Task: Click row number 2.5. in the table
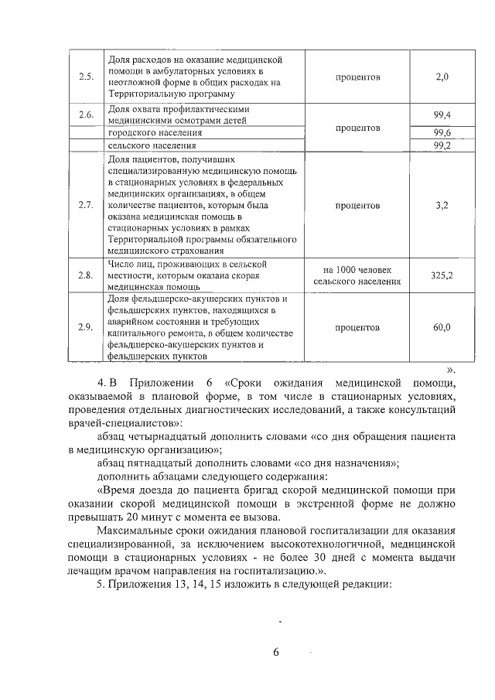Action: point(86,77)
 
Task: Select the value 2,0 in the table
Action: point(442,77)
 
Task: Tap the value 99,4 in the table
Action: point(442,115)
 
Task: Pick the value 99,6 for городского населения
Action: point(442,132)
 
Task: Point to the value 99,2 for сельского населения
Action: point(442,145)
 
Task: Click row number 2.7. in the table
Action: point(86,206)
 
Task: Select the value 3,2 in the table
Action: point(442,206)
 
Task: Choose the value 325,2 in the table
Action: point(442,275)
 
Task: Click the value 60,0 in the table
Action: point(442,327)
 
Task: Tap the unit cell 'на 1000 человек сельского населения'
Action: point(357,275)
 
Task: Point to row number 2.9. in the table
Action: point(86,327)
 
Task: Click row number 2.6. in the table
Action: point(86,115)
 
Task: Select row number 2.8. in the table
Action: point(86,275)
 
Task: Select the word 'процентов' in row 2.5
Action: point(357,77)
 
